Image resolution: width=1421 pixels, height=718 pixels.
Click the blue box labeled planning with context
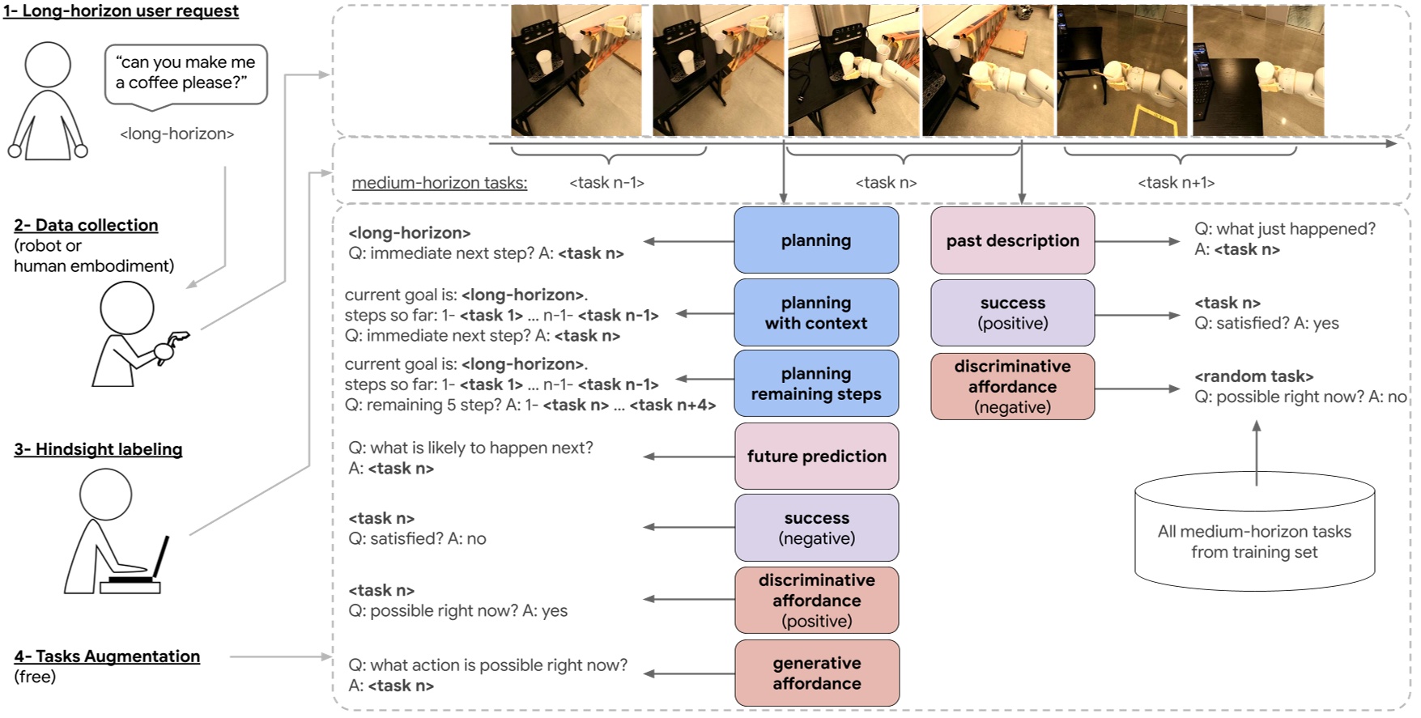pos(816,312)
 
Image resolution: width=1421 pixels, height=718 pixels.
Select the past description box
pos(1012,240)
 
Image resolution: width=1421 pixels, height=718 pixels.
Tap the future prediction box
pos(816,457)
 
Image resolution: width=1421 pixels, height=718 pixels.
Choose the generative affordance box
pos(816,673)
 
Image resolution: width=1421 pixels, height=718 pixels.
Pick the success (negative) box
pos(816,528)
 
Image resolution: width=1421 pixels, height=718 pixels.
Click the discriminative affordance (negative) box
pos(1012,386)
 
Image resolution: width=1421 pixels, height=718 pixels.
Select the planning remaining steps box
pos(816,384)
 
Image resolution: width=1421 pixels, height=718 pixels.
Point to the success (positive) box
pos(1012,312)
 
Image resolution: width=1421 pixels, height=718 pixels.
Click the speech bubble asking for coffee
pos(186,74)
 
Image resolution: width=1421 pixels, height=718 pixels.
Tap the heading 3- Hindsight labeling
pos(98,449)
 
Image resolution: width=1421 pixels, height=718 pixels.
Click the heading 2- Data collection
pos(86,225)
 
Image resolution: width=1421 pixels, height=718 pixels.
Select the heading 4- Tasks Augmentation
pos(107,656)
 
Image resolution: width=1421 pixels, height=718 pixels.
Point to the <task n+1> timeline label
pos(1176,183)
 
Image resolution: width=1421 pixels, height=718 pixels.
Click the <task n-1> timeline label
pos(606,183)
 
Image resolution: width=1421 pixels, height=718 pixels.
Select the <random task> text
pos(1253,376)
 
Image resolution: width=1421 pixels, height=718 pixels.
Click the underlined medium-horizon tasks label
pos(439,183)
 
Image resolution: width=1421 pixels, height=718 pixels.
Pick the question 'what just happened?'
pos(1285,229)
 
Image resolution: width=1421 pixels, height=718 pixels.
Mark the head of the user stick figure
pos(48,64)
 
